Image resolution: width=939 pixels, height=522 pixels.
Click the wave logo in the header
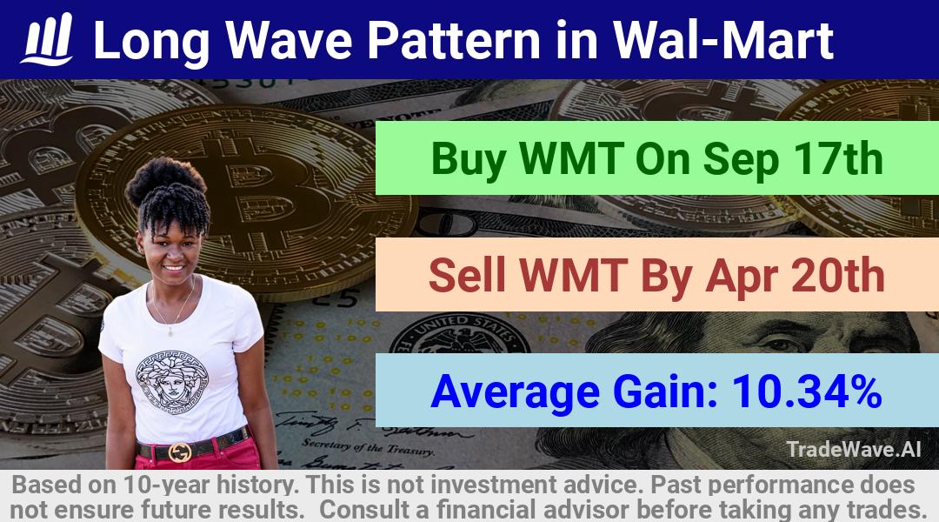pos(47,39)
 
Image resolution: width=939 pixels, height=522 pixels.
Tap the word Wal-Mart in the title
pos(723,39)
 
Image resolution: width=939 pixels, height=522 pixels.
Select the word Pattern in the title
pos(455,39)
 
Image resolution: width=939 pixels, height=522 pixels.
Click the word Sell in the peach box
pos(467,275)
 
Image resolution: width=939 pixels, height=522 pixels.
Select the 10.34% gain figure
pos(807,391)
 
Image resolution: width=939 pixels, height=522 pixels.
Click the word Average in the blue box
pos(515,392)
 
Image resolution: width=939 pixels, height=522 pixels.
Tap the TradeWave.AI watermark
pos(854,449)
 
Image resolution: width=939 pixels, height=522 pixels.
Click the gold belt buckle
pos(180,452)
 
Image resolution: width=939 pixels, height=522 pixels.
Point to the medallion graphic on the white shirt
pos(171,382)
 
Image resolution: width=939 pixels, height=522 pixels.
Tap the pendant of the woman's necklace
pos(170,330)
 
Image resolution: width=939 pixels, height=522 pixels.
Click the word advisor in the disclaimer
pos(586,510)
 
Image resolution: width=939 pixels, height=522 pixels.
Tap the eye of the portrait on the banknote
pos(777,344)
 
